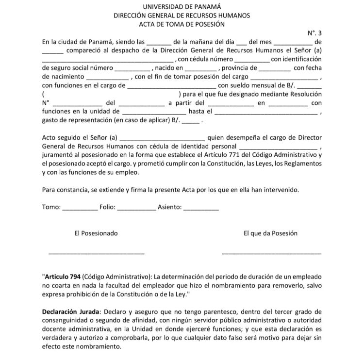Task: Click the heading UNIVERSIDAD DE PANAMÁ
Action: pos(182,6)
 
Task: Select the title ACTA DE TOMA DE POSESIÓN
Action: pos(182,24)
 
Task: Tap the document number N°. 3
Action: pos(314,33)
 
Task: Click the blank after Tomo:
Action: pos(80,208)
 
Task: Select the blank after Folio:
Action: pos(136,208)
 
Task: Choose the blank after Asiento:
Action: pos(201,208)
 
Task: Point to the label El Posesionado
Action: pos(96,233)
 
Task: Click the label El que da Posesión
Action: pos(270,233)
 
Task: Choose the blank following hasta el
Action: pos(266,113)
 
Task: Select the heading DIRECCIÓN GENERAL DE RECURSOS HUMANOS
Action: pos(182,15)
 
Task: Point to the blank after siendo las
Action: pos(158,43)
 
